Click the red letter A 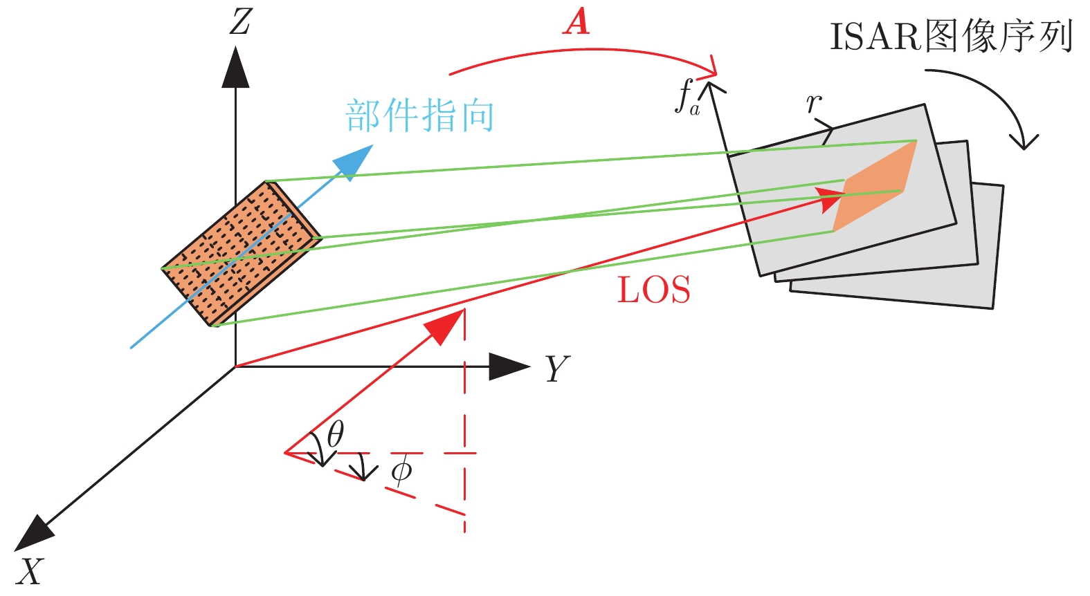pos(576,21)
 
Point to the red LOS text pos(653,290)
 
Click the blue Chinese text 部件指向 pos(419,115)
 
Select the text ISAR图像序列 pos(951,37)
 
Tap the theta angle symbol pos(336,434)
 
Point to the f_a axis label pos(687,97)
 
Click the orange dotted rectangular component pos(241,253)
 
